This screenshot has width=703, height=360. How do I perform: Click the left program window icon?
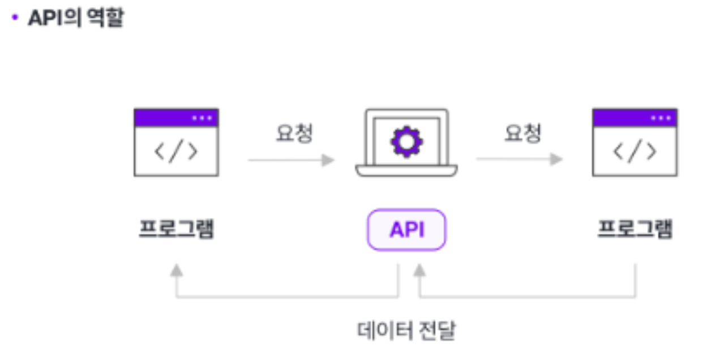[x=176, y=143]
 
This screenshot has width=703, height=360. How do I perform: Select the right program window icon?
[x=635, y=143]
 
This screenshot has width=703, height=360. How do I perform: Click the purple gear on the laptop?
[x=406, y=142]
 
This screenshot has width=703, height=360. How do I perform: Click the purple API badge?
[x=406, y=230]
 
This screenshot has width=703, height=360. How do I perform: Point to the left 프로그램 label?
[x=177, y=229]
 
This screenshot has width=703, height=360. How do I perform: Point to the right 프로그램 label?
[x=635, y=229]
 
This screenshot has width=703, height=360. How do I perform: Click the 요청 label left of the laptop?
[x=294, y=133]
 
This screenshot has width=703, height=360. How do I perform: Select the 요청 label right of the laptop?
[x=523, y=133]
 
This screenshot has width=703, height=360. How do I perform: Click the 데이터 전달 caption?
[x=406, y=331]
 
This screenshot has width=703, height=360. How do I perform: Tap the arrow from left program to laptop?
[x=291, y=160]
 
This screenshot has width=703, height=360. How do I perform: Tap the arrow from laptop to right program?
[x=519, y=160]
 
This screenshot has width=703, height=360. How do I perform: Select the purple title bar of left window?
[x=176, y=118]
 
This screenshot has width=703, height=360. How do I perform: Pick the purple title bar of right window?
[x=635, y=118]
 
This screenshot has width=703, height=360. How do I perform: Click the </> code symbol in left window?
[x=176, y=151]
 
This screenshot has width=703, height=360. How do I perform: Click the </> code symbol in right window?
[x=635, y=151]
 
